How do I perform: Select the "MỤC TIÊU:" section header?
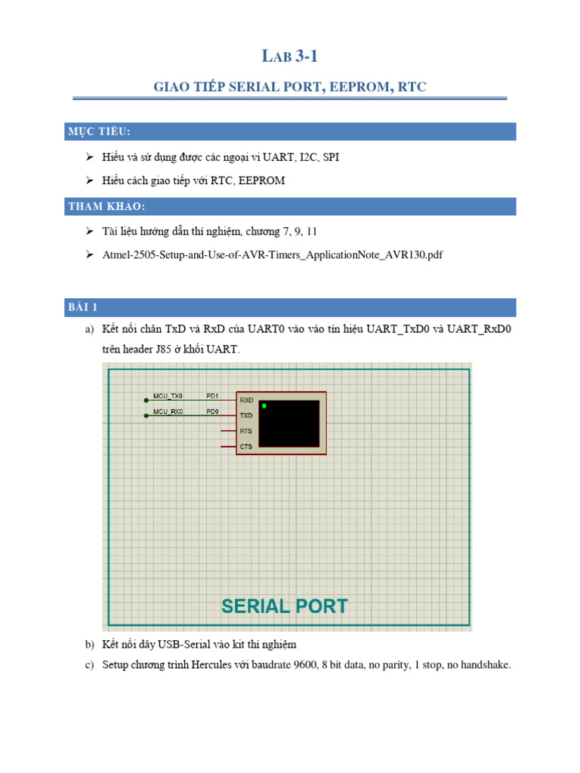(x=99, y=132)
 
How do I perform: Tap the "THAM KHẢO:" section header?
(x=106, y=207)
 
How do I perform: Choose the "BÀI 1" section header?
(x=83, y=307)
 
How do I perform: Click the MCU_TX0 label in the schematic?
(x=168, y=396)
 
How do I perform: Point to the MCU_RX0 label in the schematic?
(x=168, y=411)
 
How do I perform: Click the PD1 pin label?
(x=212, y=396)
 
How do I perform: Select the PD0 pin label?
(x=212, y=411)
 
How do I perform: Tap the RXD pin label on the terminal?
(x=246, y=401)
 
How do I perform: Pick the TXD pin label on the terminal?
(x=246, y=416)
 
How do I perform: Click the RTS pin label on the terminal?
(x=246, y=431)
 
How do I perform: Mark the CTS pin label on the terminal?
(x=246, y=447)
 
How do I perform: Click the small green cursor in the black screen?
(x=264, y=406)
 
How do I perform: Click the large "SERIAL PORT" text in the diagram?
(x=285, y=606)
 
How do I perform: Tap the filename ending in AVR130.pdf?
(x=272, y=255)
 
